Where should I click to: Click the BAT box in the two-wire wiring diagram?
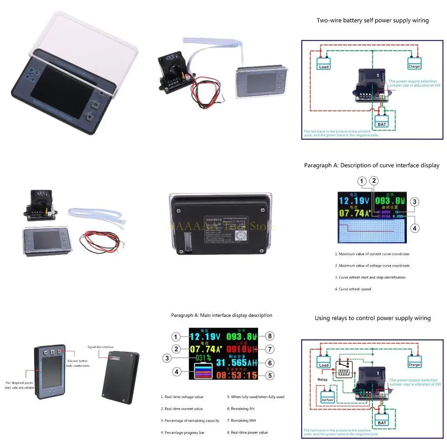pos(382,124)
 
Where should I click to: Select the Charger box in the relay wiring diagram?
pos(414,364)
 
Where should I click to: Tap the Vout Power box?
pos(327,399)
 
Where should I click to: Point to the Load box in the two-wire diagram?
pos(324,67)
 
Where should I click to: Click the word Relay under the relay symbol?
pos(322,379)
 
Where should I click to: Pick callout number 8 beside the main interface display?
pos(270,336)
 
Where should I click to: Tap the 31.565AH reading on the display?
pos(236,362)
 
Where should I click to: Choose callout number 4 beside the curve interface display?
pos(415,227)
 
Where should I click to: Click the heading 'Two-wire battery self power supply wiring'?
pos(372,21)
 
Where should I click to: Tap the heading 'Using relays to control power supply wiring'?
pos(372,318)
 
